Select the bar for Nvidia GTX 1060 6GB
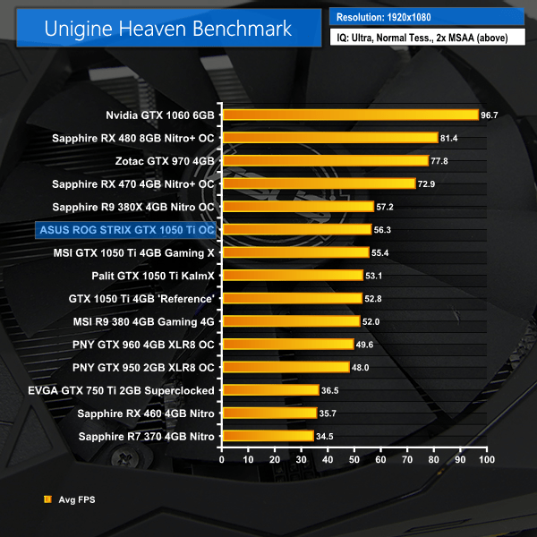click(x=350, y=115)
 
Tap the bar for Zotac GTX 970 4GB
click(x=325, y=160)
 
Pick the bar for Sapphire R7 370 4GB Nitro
click(x=268, y=436)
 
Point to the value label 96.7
click(x=490, y=115)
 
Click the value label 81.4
click(x=449, y=138)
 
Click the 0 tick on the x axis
click(x=222, y=459)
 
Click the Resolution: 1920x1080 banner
click(x=426, y=17)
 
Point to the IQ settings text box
click(x=426, y=38)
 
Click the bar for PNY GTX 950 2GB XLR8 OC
click(x=286, y=367)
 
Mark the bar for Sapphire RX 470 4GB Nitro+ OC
click(x=319, y=183)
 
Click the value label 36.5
click(x=331, y=390)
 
